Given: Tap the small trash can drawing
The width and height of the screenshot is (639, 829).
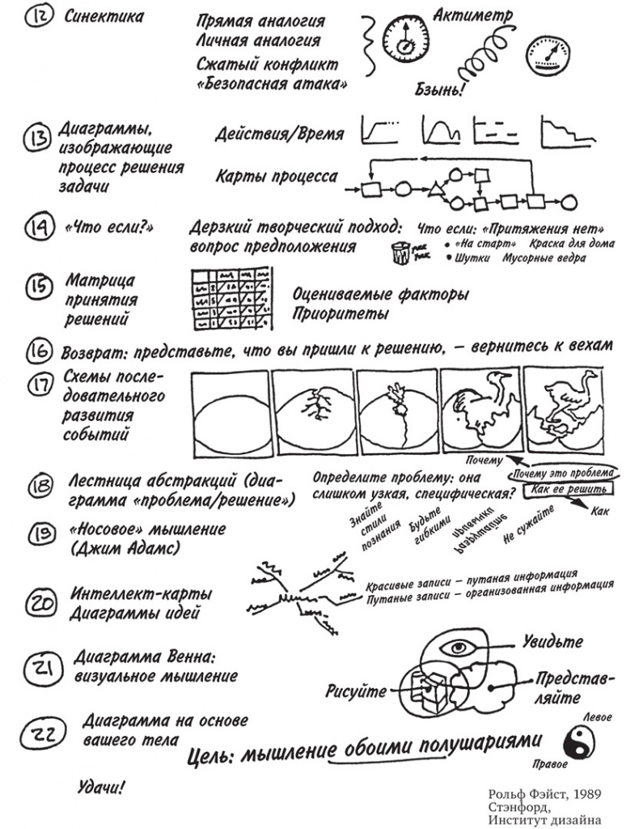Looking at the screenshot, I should (x=399, y=253).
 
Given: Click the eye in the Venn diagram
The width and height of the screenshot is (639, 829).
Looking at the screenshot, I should (x=459, y=647).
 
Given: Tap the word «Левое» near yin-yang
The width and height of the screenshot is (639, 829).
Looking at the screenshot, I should (x=597, y=717).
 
